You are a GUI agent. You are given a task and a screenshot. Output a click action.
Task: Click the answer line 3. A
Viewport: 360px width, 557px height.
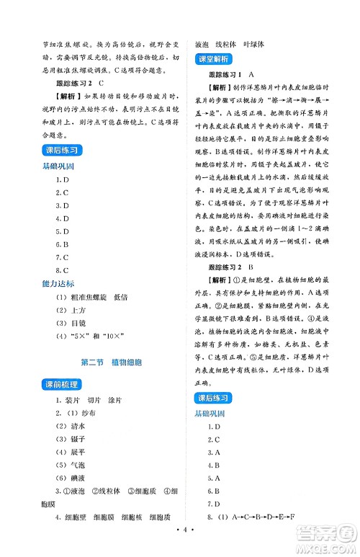coord(212,452)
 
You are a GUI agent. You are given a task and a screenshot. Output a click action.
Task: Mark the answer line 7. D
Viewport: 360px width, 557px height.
coord(212,504)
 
